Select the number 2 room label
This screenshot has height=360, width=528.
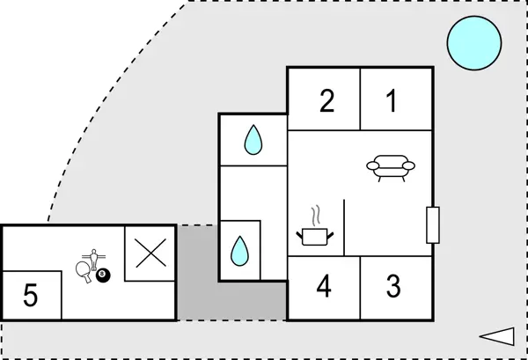(326, 101)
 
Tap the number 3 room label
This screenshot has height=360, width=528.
(393, 287)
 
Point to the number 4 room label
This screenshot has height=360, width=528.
(324, 287)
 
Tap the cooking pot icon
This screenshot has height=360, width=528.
(314, 236)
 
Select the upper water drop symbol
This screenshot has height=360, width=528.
(253, 139)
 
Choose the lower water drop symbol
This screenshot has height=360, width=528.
(240, 250)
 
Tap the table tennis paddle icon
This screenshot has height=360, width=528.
(84, 270)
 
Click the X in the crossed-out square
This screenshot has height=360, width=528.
(150, 253)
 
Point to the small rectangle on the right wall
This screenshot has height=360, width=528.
(432, 224)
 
